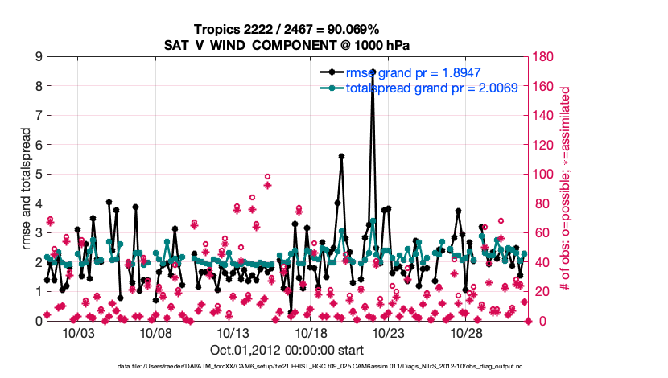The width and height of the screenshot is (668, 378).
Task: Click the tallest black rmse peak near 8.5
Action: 372,72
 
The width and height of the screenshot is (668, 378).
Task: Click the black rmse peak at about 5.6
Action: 341,157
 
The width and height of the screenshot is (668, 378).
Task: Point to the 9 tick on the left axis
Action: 39,57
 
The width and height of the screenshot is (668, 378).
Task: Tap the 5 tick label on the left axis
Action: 39,175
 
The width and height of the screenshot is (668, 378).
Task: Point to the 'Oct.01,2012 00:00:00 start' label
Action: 287,350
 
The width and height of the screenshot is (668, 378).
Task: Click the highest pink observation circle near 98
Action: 267,177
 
